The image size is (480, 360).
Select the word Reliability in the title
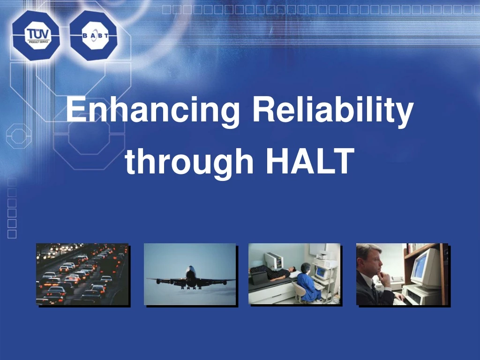click(332, 111)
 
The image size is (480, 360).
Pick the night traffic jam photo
click(82, 274)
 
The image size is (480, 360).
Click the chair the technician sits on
click(298, 293)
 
